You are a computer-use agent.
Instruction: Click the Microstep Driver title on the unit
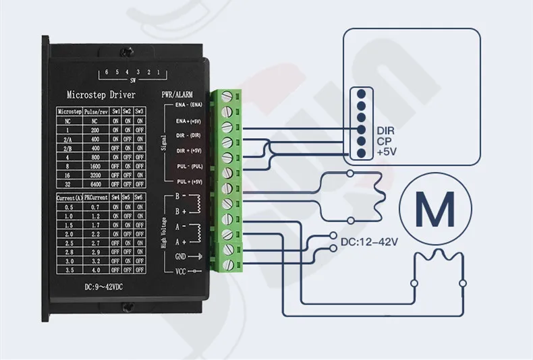(x=102, y=94)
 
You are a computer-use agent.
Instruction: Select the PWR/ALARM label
(x=177, y=94)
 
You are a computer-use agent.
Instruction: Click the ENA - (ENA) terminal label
(x=189, y=105)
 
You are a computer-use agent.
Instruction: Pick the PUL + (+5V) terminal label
(x=189, y=181)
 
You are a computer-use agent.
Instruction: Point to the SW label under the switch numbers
(x=132, y=79)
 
